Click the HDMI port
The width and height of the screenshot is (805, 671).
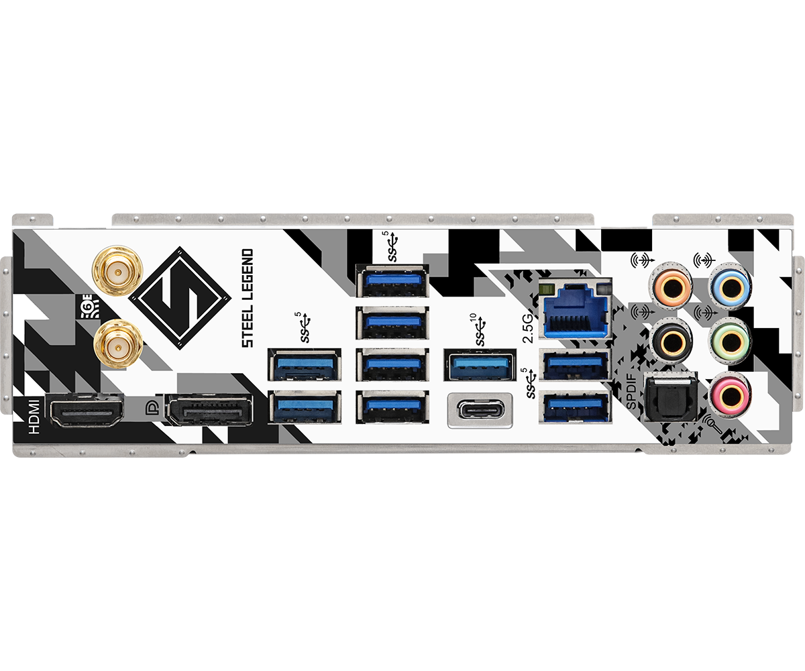click(x=88, y=411)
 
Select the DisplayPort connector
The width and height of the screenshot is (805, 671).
click(x=209, y=411)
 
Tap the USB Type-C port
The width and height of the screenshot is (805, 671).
click(x=479, y=410)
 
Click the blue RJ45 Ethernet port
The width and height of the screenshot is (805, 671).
click(x=575, y=310)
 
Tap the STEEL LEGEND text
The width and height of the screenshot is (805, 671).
click(x=248, y=297)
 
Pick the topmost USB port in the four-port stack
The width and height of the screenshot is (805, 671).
click(x=392, y=280)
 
